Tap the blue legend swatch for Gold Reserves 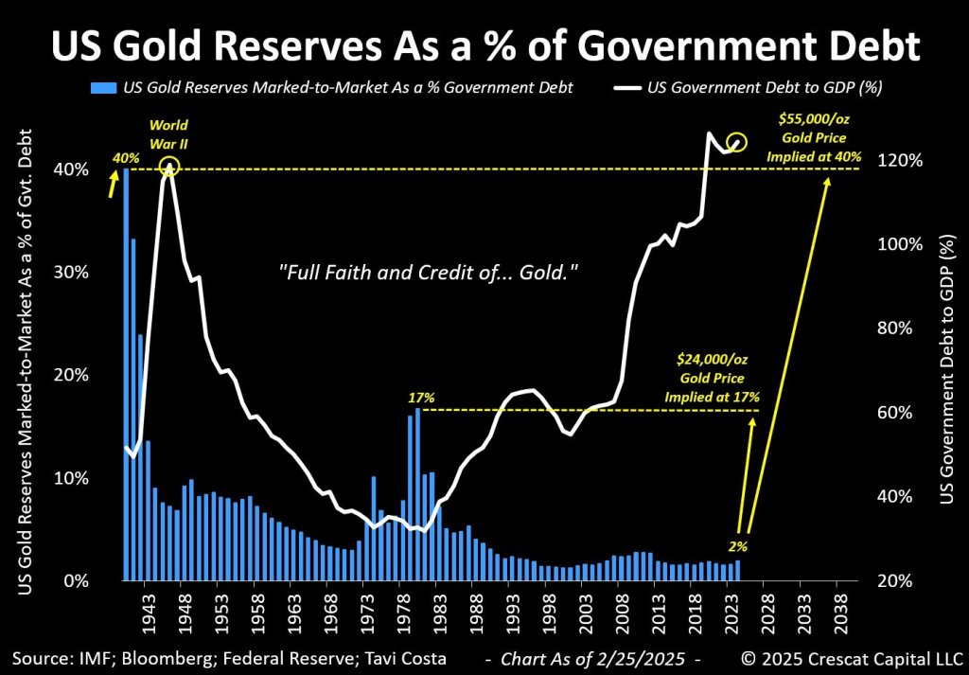pyautogui.click(x=104, y=88)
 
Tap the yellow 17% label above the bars pyautogui.click(x=420, y=398)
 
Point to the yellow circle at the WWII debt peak pyautogui.click(x=169, y=168)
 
